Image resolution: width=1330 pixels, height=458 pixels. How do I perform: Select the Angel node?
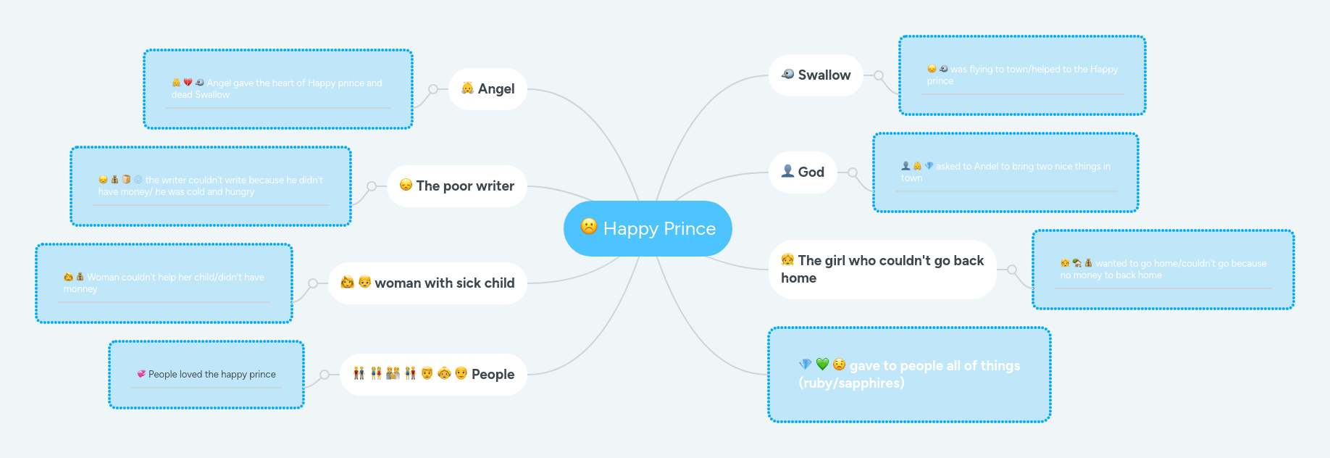tap(488, 89)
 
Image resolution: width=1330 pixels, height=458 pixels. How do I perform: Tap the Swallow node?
tap(816, 75)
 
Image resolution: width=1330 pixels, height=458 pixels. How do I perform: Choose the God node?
tap(803, 172)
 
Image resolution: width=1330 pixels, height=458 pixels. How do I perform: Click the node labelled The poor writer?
tap(457, 186)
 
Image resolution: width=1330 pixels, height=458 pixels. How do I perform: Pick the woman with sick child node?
tap(427, 283)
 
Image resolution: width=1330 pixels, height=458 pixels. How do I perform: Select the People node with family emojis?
tap(433, 375)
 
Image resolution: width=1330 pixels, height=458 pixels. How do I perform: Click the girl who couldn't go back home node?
tap(882, 270)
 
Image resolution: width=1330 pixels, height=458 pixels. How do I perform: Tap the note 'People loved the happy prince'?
tap(206, 375)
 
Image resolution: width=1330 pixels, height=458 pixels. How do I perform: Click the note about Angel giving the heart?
tap(278, 89)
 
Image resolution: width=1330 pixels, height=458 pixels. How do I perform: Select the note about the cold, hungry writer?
tap(211, 186)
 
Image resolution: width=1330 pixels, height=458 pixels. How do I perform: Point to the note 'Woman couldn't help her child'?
tap(164, 283)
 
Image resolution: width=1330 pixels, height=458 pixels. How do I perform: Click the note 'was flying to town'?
tap(1022, 75)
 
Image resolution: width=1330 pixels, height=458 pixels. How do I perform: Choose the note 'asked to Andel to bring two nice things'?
tap(1005, 172)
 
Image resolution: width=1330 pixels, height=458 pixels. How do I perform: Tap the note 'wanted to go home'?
tap(1163, 270)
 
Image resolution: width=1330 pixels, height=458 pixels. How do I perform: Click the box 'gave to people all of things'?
tap(909, 375)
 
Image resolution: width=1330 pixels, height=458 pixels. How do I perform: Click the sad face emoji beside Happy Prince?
tap(589, 227)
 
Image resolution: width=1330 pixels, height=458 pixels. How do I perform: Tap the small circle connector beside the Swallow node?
tap(879, 75)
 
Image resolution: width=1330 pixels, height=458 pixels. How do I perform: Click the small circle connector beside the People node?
tap(325, 375)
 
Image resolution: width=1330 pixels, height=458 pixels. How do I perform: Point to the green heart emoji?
tap(822, 365)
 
